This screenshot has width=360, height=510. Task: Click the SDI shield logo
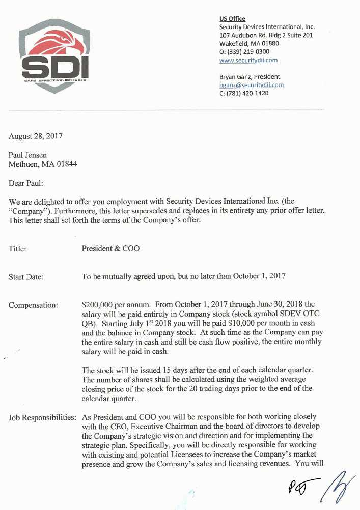[x=55, y=55]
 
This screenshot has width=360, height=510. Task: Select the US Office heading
[x=232, y=19]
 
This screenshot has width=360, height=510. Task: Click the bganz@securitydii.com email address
[x=251, y=85]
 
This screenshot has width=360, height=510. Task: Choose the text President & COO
[x=110, y=249]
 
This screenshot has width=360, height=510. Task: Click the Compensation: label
[x=33, y=305]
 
